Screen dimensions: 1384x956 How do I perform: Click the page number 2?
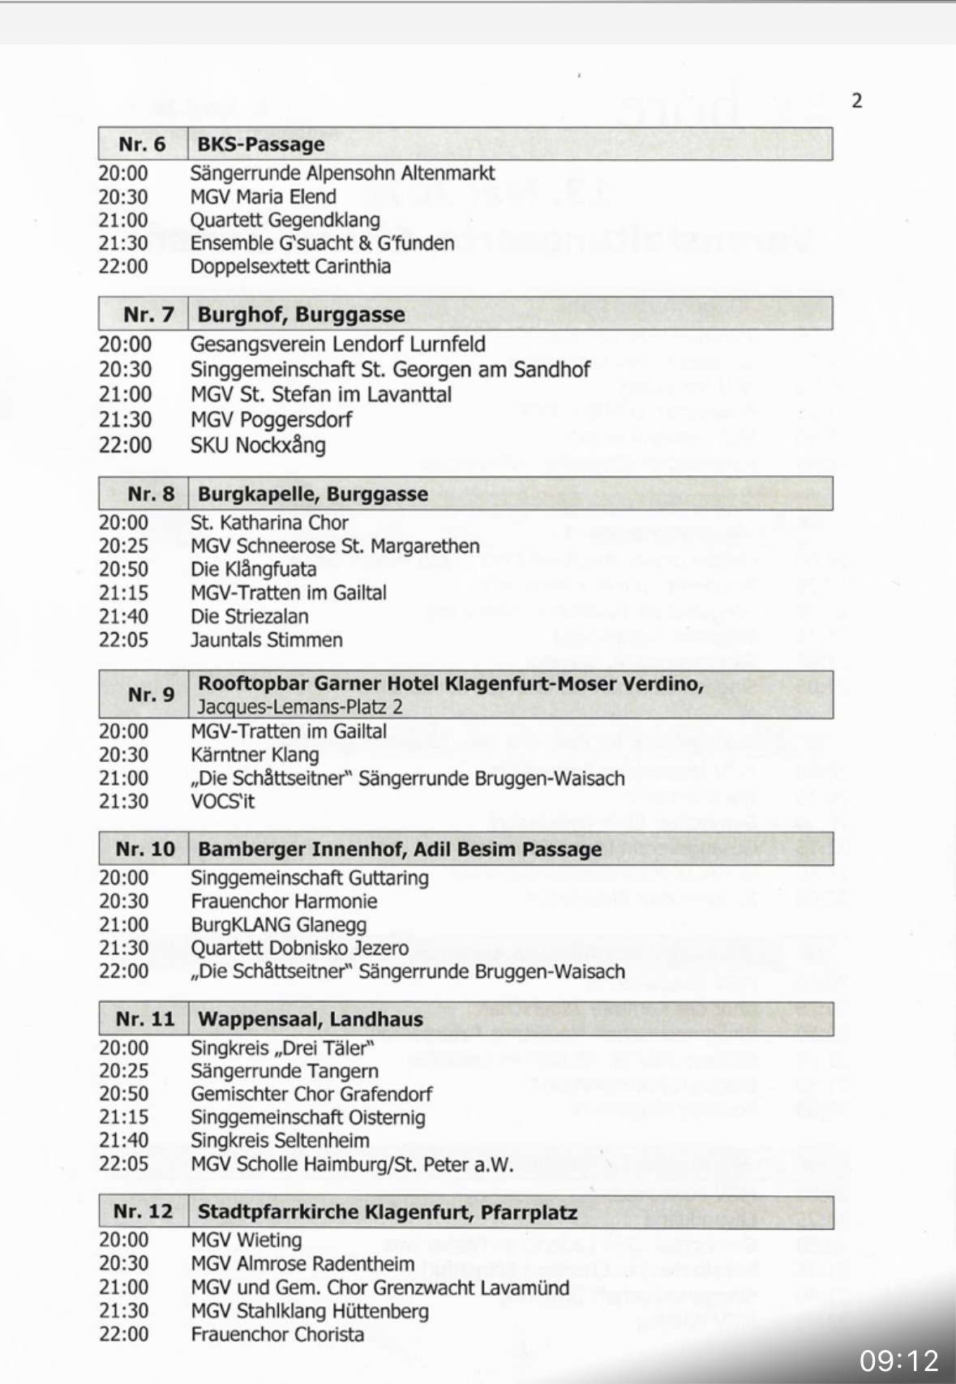857,101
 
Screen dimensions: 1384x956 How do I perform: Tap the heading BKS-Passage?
261,144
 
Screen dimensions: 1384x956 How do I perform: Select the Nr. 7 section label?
148,315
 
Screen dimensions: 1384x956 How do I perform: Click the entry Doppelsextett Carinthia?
290,267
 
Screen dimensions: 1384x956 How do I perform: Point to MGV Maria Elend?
263,196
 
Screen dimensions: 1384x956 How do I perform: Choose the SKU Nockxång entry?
258,445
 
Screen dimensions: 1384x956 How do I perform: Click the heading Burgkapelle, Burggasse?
313,495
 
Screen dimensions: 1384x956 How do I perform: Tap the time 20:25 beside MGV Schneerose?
124,546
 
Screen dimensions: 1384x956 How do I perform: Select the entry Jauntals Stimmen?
267,640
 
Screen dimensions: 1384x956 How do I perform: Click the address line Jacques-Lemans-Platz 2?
300,706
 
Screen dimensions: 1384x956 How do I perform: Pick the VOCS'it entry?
223,802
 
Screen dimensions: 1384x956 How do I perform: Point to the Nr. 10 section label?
145,850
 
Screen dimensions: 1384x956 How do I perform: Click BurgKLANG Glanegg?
278,924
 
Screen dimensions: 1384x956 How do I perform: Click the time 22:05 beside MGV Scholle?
124,1164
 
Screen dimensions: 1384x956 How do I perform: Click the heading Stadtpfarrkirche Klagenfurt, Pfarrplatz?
388,1212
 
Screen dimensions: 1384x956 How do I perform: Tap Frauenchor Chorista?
277,1334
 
